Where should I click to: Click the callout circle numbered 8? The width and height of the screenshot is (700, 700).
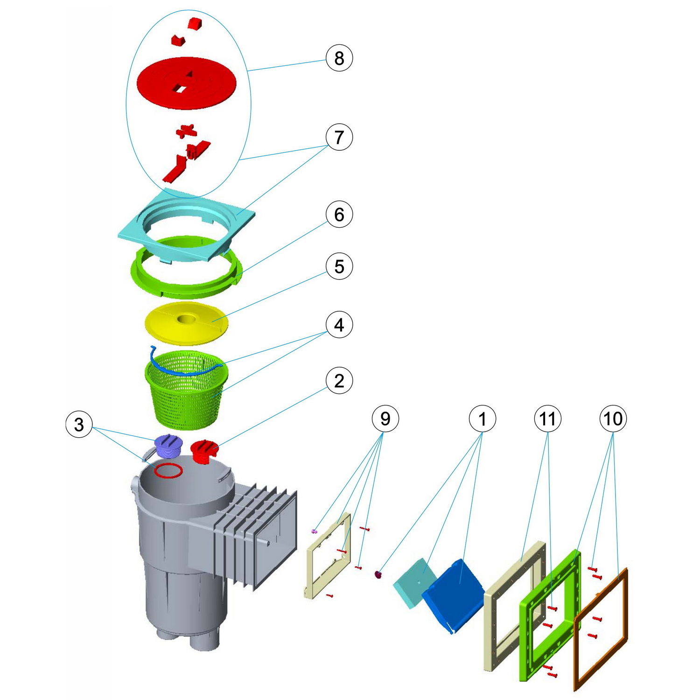(339, 58)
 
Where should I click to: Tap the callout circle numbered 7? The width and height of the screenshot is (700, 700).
(339, 137)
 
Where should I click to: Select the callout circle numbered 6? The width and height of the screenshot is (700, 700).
(339, 215)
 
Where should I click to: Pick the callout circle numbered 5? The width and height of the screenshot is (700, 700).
(339, 266)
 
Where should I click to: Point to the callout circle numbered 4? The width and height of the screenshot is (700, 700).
(339, 325)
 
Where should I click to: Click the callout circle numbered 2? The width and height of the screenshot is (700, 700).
(339, 381)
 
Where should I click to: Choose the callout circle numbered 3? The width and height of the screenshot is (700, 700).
(79, 424)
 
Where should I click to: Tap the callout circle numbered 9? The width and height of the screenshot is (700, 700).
(385, 419)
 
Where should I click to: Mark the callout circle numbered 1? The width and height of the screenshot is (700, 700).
(483, 419)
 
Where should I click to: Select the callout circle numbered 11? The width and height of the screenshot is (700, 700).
(547, 419)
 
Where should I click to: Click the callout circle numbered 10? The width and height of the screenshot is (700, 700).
(613, 419)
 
